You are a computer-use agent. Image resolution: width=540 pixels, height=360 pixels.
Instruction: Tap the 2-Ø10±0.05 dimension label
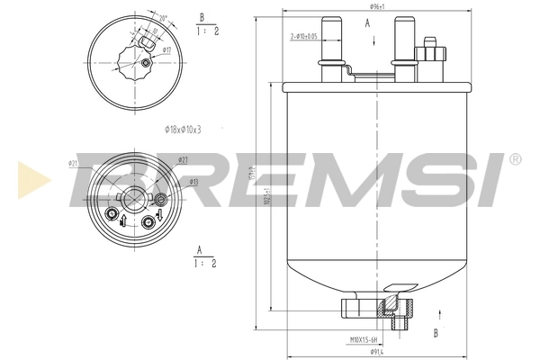coord(303,36)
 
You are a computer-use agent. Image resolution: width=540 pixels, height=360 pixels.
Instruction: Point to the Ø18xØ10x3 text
coord(183,130)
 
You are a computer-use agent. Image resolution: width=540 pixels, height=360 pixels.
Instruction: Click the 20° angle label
coord(162,19)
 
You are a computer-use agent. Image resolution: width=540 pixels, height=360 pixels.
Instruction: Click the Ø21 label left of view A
coord(72,163)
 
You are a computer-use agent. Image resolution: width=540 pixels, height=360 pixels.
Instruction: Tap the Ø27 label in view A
coord(184,159)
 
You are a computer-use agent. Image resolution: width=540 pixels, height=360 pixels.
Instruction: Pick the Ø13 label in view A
coord(193,181)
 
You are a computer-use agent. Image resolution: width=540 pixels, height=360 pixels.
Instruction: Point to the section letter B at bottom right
coord(436,333)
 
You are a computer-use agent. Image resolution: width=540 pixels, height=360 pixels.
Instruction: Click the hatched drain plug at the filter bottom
coord(398,308)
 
